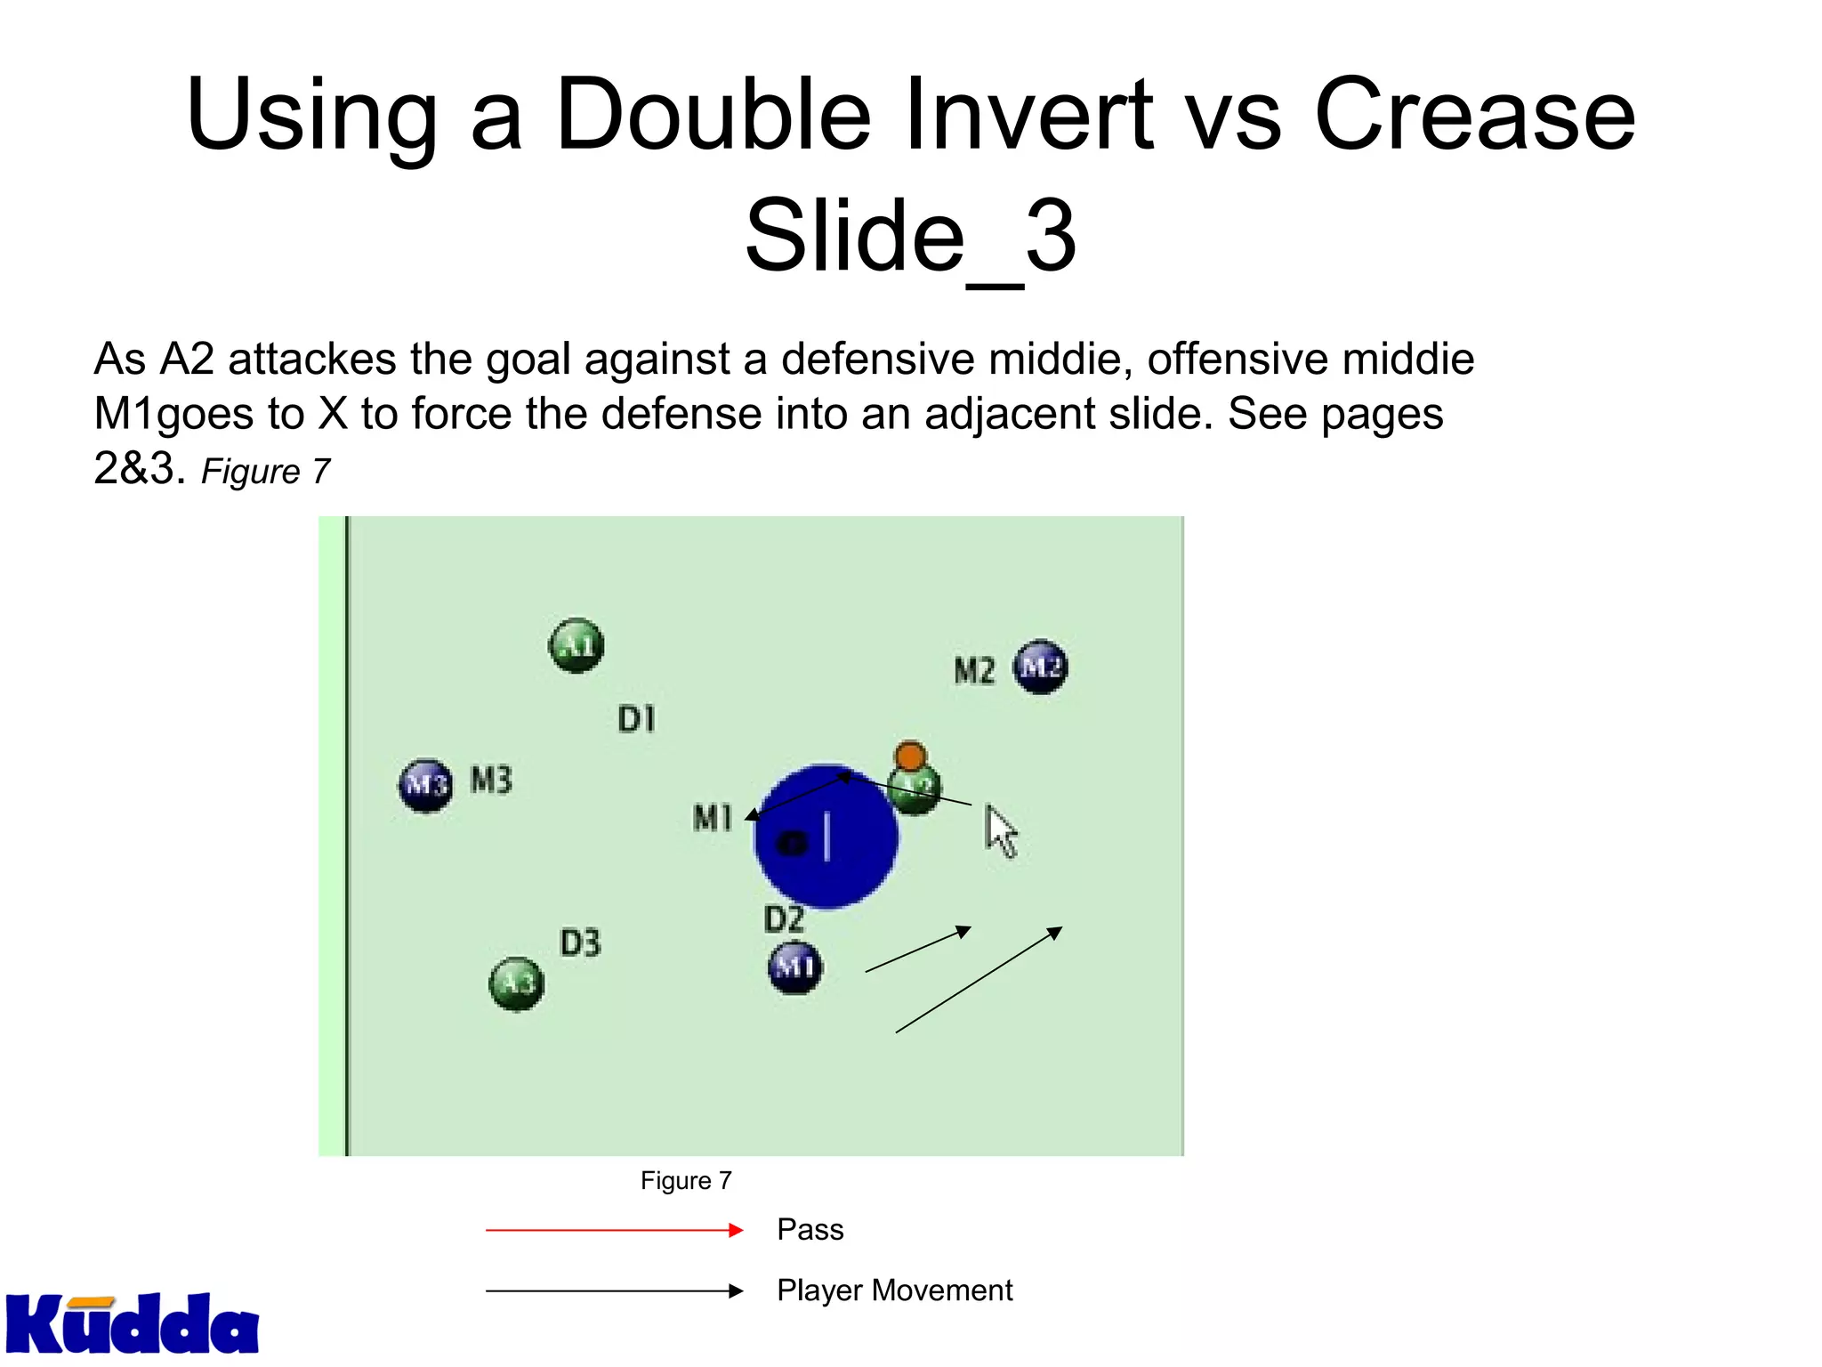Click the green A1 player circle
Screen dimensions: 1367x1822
click(576, 645)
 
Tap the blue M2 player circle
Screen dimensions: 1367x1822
click(1040, 667)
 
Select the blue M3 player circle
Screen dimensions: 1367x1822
click(425, 785)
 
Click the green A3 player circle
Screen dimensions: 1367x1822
click(517, 983)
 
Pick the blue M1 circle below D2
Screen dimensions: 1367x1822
click(794, 967)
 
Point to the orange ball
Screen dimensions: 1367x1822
click(910, 757)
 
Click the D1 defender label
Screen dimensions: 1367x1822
click(637, 718)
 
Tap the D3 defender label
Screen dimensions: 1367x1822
click(581, 942)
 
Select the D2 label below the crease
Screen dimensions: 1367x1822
click(784, 919)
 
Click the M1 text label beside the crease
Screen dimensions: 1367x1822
click(713, 817)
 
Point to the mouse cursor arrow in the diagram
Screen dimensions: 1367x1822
click(1000, 830)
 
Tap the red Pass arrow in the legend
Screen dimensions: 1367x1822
click(614, 1231)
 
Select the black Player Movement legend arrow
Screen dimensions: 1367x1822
click(614, 1291)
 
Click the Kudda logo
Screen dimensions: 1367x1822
click(132, 1324)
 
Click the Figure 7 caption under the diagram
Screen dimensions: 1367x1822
click(686, 1181)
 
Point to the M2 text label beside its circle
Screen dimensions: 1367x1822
click(974, 670)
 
